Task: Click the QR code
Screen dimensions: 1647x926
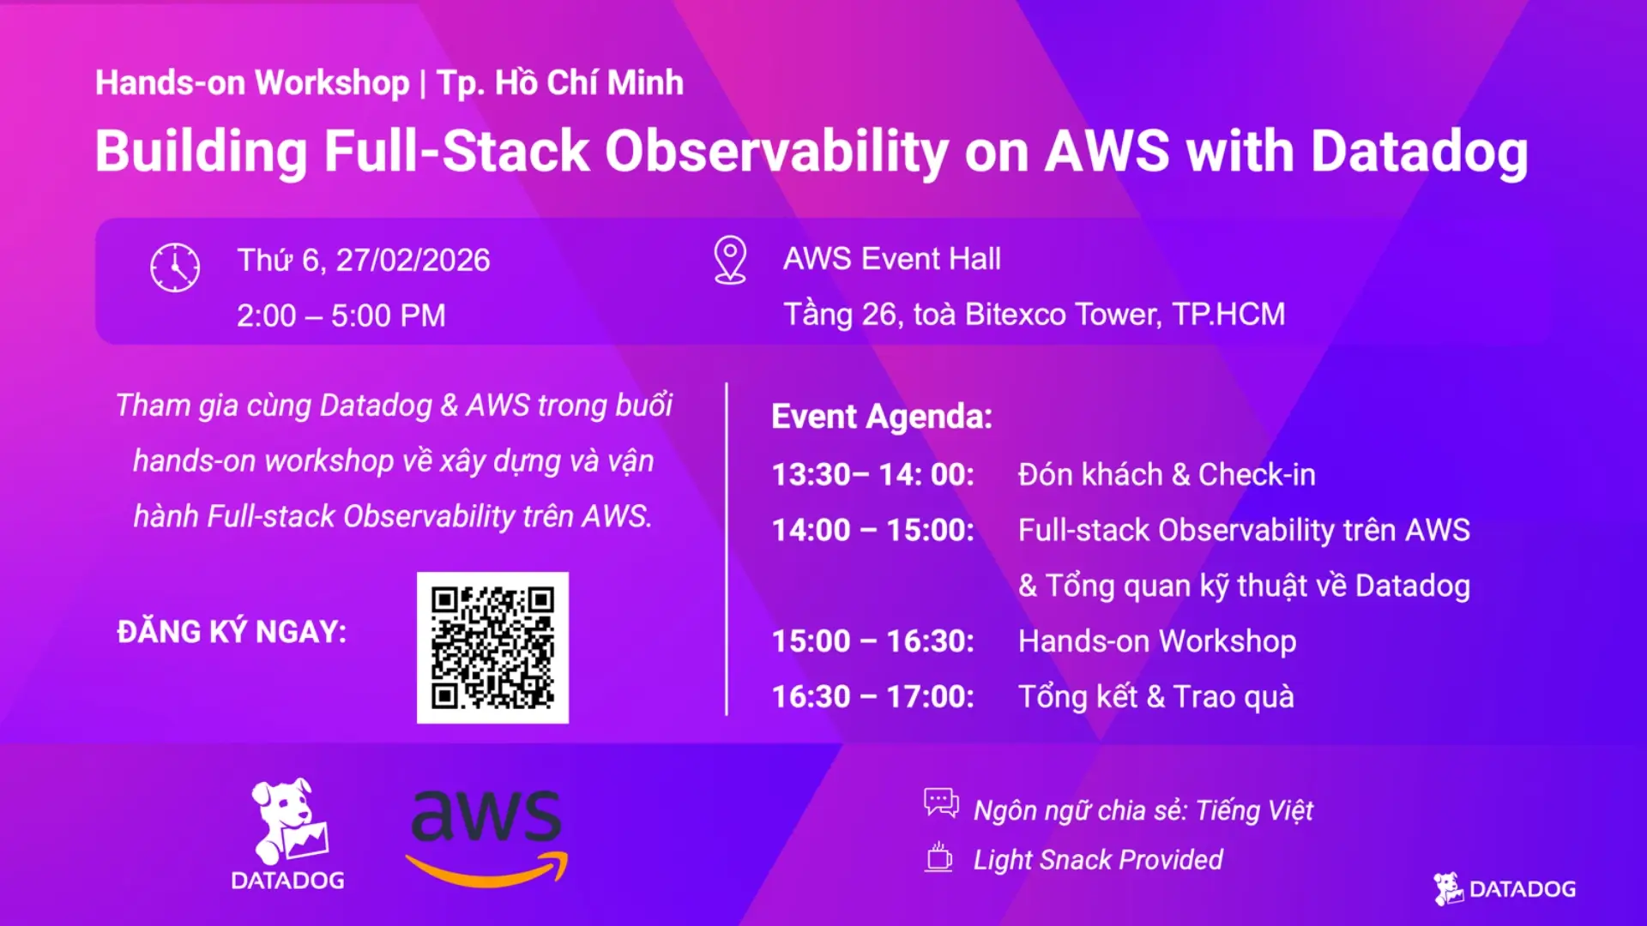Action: point(492,647)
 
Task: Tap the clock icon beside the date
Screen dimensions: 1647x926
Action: point(175,268)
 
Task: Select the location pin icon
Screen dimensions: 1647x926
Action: point(730,260)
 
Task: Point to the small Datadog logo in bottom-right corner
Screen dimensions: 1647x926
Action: point(1505,889)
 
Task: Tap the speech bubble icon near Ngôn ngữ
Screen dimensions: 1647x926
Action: point(941,803)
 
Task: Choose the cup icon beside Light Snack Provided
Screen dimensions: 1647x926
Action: point(938,857)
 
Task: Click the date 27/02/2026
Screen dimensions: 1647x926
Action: point(413,260)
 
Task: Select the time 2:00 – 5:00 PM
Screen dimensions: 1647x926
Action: point(341,316)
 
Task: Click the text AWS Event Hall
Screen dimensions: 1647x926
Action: point(892,259)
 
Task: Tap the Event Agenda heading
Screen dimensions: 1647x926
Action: point(882,417)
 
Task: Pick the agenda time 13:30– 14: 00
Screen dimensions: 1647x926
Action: point(873,474)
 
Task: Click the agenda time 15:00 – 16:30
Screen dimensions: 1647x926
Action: point(873,641)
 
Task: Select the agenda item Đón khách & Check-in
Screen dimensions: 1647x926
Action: point(1167,474)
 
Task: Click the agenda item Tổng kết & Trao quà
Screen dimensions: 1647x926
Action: point(1156,696)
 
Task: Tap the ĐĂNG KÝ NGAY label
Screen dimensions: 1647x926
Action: point(232,632)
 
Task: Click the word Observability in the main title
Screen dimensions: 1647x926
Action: point(776,152)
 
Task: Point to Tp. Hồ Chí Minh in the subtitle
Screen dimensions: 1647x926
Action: point(560,83)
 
